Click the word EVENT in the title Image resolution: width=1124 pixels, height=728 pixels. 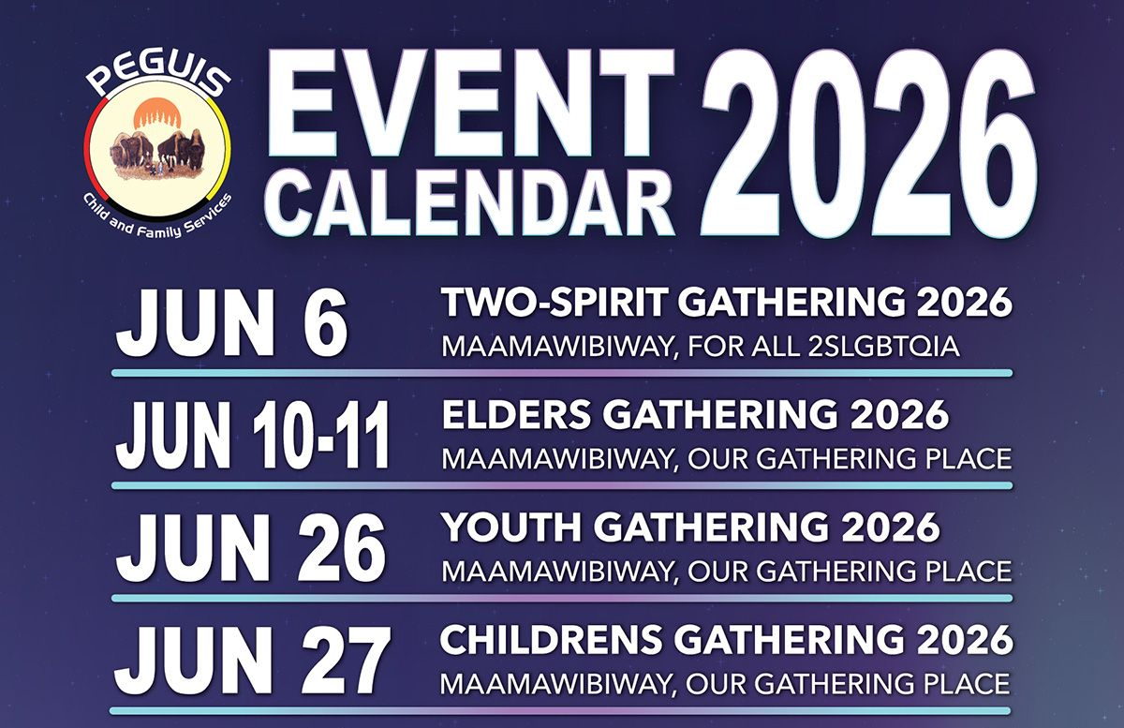pos(469,108)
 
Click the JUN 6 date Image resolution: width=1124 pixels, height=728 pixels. pos(231,324)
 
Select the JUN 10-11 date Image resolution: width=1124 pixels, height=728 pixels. pos(254,436)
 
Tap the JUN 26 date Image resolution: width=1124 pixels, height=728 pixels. pos(251,548)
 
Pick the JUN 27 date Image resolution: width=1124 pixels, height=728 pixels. pos(253,661)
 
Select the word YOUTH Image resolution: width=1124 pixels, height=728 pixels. pos(510,527)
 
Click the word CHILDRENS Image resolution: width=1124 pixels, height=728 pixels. pos(551,640)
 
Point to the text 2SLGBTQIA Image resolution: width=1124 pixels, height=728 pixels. pos(884,347)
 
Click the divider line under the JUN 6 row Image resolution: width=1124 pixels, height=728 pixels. pos(562,373)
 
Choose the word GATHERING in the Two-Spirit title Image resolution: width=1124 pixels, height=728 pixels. pos(792,303)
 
